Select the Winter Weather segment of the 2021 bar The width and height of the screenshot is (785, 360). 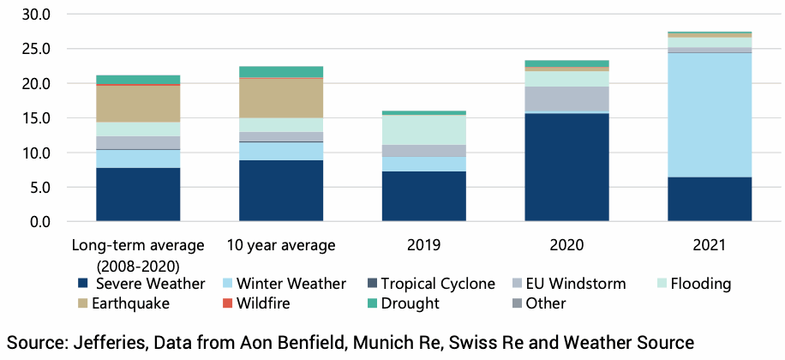710,115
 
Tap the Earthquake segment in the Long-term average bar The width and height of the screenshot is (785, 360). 138,104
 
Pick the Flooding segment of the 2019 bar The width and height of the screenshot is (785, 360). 423,129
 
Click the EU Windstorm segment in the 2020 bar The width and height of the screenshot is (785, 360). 566,99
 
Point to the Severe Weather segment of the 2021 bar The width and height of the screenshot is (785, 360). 710,199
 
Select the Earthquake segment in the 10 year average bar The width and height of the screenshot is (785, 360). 281,98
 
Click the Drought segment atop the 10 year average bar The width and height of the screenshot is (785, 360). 281,72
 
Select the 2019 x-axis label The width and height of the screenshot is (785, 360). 423,245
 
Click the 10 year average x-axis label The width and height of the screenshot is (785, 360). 281,245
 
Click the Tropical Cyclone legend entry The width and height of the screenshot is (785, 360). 438,284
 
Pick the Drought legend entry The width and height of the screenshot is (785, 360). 410,303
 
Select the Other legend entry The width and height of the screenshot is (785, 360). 544,303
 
